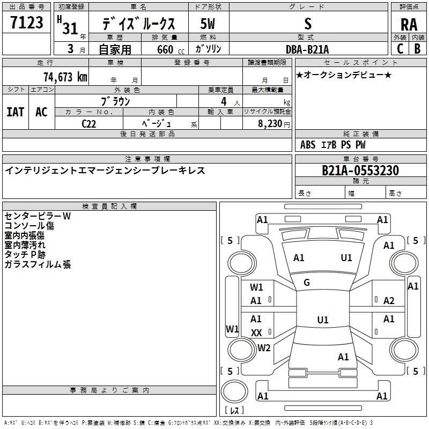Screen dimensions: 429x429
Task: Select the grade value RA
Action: [409, 24]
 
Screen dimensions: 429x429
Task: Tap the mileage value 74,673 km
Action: [64, 77]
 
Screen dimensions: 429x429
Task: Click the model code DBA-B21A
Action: [307, 49]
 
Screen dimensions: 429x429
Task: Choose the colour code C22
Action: [90, 123]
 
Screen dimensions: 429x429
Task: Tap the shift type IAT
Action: [15, 112]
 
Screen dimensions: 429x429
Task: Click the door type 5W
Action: [208, 24]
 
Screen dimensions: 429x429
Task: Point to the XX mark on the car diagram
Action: [256, 332]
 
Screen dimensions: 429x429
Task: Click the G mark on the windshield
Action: [307, 282]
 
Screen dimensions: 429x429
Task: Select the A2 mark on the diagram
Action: [389, 301]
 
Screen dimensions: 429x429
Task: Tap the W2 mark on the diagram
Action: [264, 347]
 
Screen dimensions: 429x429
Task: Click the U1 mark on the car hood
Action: [346, 257]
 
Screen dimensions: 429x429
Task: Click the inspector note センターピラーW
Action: [38, 216]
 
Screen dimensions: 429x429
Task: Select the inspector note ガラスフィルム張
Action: [38, 264]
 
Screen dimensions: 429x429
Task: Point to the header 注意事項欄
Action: [147, 159]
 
